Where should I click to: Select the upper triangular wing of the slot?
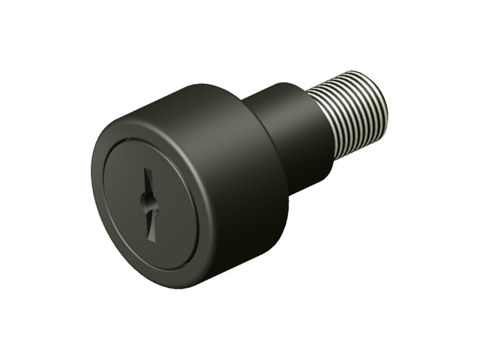coord(148,184)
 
